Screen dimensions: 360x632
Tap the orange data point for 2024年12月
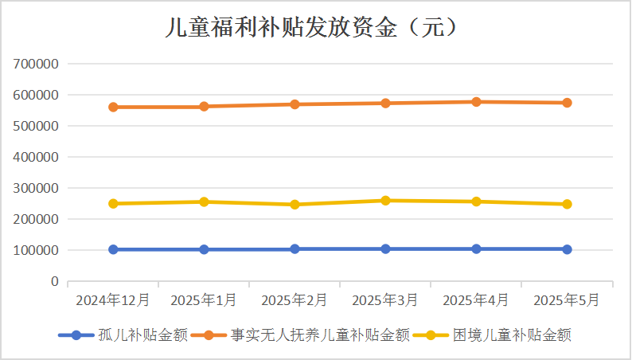point(113,107)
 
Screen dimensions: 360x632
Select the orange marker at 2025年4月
point(476,102)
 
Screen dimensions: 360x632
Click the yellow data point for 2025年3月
point(385,201)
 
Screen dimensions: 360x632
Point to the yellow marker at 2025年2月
point(295,205)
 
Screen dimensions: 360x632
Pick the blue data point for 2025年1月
point(204,249)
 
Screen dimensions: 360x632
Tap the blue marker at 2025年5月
point(567,249)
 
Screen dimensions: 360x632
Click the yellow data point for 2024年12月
point(113,204)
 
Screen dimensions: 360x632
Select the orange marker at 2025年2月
point(295,104)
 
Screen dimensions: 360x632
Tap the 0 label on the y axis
point(55,282)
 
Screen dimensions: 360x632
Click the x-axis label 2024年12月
point(113,300)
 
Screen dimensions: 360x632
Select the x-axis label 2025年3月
point(385,300)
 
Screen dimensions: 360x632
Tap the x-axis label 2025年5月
point(567,300)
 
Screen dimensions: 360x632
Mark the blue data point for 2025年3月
point(385,249)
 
